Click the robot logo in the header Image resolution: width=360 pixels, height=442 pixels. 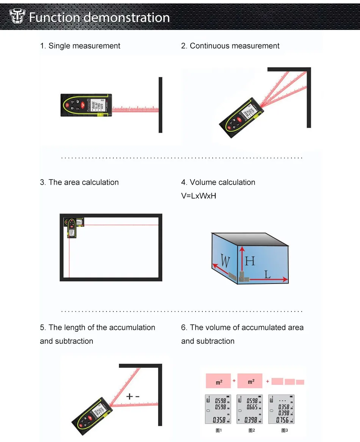(17, 17)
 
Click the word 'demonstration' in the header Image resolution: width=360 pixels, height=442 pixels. (127, 17)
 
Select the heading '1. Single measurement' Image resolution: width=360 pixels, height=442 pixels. (80, 46)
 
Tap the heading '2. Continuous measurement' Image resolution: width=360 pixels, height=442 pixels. (230, 46)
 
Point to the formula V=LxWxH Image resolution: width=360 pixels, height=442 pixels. (199, 196)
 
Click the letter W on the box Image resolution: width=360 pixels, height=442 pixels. (225, 261)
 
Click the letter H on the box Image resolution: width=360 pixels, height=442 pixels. (250, 261)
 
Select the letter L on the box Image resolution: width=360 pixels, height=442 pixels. (268, 274)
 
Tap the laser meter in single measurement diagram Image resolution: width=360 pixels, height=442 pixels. (87, 104)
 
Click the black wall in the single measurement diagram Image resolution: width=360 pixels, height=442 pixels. (160, 105)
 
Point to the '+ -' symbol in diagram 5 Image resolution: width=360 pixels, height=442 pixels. (133, 396)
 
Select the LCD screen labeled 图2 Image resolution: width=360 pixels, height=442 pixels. (250, 409)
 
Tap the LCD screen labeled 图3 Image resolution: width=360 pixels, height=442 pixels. (281, 409)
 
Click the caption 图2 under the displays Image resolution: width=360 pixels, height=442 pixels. (251, 430)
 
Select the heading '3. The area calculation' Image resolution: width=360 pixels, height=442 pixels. (79, 182)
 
